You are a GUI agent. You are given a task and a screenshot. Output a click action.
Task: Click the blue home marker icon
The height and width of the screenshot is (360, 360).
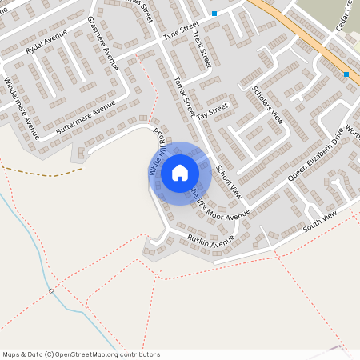[x=180, y=173]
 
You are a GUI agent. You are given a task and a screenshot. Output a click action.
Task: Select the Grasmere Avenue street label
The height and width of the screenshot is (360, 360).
[x=102, y=42]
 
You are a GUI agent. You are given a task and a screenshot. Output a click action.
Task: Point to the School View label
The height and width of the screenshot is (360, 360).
[x=228, y=181]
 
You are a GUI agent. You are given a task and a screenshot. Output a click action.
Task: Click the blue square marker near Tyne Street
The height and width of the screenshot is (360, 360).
[x=214, y=14]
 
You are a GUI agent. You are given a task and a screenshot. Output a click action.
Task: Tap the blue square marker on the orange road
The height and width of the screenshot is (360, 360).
[x=346, y=74]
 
